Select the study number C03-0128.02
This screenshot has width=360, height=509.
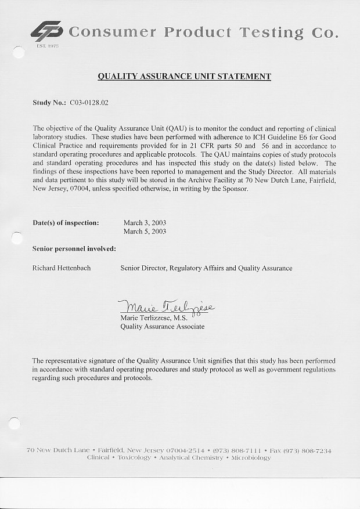coord(89,103)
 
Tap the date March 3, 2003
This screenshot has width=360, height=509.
coord(145,222)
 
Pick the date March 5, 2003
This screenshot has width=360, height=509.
coord(145,232)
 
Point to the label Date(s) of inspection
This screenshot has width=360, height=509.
coord(66,222)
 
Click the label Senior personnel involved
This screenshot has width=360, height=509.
coord(74,249)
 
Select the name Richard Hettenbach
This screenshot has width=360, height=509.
coord(62,268)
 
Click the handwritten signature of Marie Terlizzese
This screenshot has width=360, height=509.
coord(165,306)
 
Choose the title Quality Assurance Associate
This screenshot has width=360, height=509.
coord(162,327)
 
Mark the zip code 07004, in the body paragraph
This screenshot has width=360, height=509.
coord(75,189)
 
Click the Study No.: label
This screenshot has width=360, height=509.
coord(49,103)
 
